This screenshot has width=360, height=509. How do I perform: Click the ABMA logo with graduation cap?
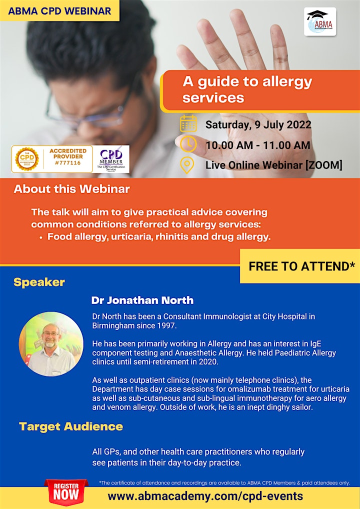320,21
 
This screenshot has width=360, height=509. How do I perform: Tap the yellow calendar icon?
188,123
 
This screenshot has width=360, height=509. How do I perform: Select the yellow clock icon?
188,144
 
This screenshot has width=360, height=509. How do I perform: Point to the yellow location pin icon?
187,165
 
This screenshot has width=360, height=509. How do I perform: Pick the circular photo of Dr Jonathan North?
51,344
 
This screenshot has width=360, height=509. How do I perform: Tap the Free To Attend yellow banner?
300,266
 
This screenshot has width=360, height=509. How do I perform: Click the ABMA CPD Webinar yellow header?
59,10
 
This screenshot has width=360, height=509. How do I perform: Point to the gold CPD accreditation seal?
27,159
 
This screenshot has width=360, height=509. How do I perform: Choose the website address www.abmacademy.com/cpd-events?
205,495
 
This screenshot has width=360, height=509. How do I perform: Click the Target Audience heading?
71,426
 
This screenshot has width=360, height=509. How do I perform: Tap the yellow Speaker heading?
39,282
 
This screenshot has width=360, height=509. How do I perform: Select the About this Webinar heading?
71,189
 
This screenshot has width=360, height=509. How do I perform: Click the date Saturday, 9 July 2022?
258,124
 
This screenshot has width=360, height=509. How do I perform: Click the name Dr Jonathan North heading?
142,300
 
